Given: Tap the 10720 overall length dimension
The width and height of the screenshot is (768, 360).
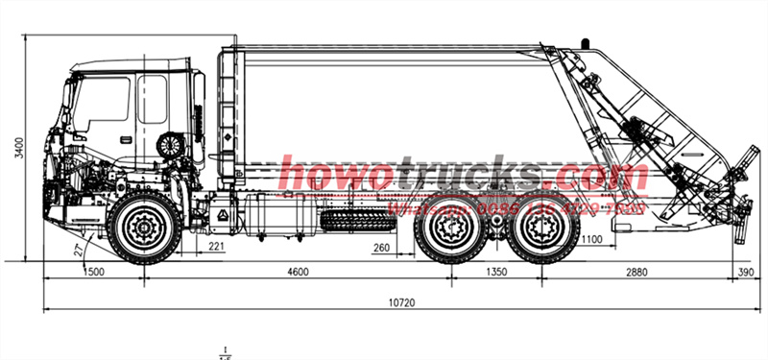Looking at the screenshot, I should pos(401,303).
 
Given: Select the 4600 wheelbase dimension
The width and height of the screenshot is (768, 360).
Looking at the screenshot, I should pos(298,273).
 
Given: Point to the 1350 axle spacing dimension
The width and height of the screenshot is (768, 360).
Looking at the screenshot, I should pos(497,273).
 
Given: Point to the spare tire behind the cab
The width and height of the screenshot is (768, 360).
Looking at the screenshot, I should pos(172,146).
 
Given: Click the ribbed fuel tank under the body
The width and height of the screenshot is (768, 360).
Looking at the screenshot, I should pos(353,218).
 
